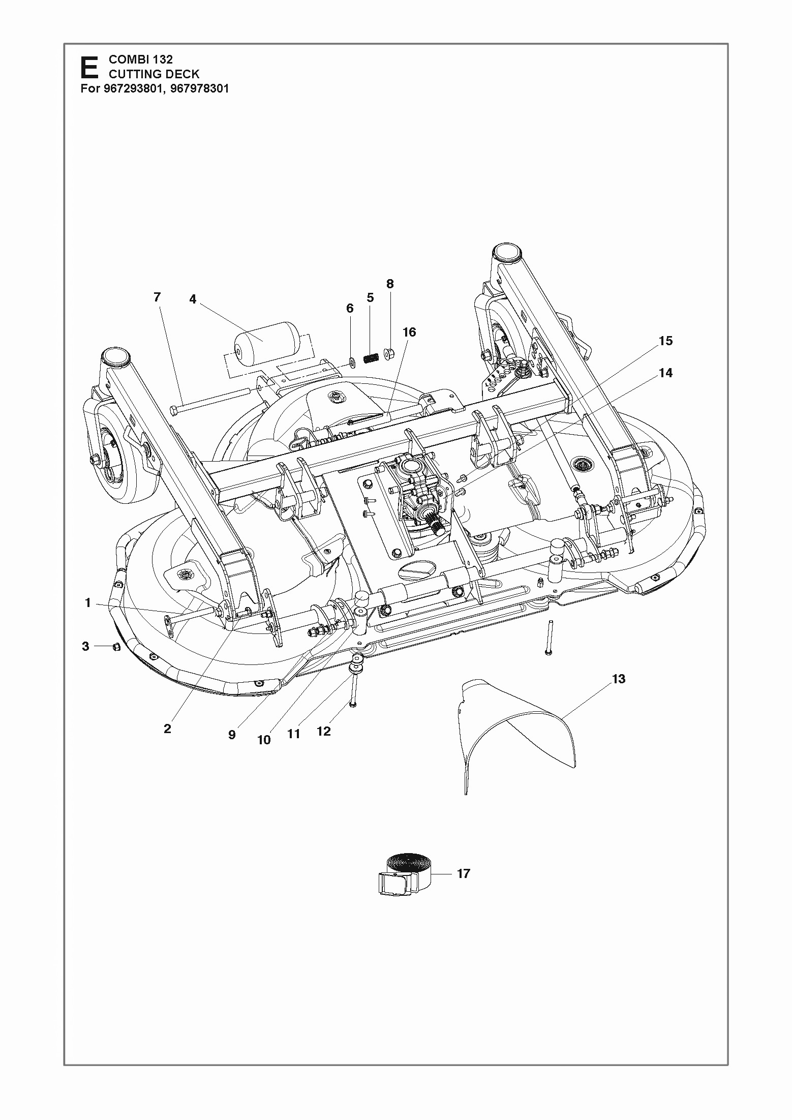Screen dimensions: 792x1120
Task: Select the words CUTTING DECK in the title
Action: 154,74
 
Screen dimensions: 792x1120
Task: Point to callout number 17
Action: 464,874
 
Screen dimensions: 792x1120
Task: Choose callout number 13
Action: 619,679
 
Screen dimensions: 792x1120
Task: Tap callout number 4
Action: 193,299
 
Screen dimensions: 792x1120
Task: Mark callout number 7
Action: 157,297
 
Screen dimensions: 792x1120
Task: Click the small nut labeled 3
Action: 116,647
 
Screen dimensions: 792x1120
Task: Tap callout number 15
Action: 665,341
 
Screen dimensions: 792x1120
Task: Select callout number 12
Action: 324,731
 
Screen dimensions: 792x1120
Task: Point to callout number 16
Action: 409,332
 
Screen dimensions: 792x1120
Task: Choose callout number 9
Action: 232,735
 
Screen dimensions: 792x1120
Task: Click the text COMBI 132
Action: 141,59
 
